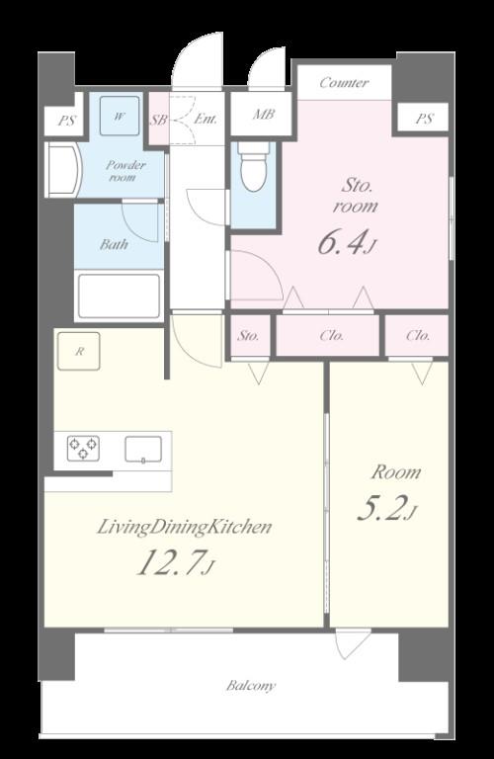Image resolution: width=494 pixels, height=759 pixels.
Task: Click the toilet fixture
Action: coord(254,166)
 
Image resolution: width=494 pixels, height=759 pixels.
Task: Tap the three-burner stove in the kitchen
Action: coord(83,448)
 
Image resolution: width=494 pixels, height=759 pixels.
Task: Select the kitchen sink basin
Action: coord(143,450)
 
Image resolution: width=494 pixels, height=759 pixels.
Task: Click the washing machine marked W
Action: coord(120,116)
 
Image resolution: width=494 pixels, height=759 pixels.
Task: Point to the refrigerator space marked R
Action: coord(79,351)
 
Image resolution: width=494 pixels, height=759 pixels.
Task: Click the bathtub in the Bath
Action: coord(119,296)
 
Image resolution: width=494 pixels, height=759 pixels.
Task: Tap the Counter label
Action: coord(344,83)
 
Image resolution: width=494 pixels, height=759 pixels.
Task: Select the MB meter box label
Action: coord(264,115)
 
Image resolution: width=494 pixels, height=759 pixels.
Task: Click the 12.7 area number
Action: coord(170,562)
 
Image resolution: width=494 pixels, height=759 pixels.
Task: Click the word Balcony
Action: coord(251,686)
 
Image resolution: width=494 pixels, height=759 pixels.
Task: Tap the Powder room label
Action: coord(125,171)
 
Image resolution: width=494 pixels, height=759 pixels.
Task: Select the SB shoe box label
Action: coord(158,120)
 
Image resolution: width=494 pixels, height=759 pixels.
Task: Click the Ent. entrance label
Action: coord(206,119)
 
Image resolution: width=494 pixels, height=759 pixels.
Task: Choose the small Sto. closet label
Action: coord(248,335)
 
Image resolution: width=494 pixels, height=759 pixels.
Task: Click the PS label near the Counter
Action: coord(424,119)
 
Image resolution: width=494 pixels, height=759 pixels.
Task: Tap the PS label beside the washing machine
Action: coord(66,120)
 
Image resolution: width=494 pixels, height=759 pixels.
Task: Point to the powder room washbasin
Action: coord(64,169)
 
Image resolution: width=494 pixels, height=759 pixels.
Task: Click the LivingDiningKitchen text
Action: coord(185,527)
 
